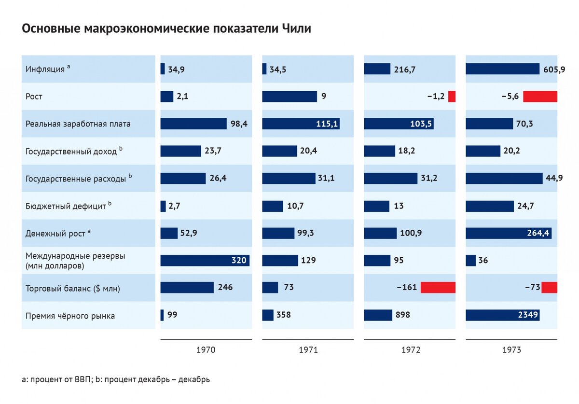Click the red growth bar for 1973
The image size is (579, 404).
point(540,96)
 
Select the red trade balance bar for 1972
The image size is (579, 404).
point(438,288)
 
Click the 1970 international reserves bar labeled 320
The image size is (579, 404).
point(205,261)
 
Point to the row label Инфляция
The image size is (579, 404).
point(45,69)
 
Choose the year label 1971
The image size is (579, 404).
point(308,350)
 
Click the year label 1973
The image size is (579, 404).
point(511,350)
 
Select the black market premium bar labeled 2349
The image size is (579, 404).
point(502,315)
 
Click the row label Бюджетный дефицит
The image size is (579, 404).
point(66,206)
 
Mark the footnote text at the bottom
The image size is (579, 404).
point(116,379)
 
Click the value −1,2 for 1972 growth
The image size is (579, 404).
point(436,97)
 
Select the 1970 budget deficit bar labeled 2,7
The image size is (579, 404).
point(163,206)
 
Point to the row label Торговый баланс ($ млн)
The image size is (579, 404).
point(72,288)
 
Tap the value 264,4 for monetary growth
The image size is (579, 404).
point(538,234)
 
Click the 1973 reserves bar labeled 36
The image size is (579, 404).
point(470,261)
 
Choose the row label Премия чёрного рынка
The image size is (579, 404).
point(70,316)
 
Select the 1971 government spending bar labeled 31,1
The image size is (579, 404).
point(289,179)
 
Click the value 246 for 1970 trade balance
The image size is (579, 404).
point(225,288)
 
